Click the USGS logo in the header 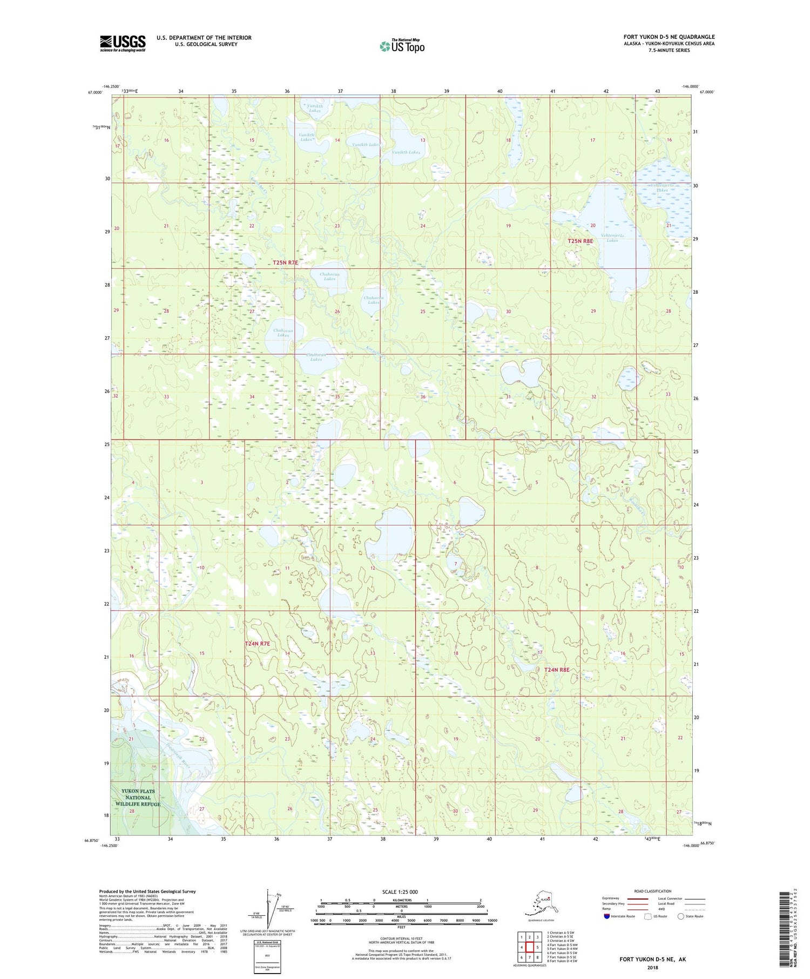click(123, 43)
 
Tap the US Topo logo click(402, 46)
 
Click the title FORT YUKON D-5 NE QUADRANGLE click(669, 37)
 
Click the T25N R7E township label click(285, 262)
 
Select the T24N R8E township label click(557, 670)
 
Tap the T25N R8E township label click(580, 241)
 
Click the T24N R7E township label click(257, 644)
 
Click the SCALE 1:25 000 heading click(400, 892)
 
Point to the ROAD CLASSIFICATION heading click(653, 891)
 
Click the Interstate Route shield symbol click(606, 916)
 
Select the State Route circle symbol click(680, 916)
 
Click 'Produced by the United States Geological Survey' click(147, 892)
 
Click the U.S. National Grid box click(268, 954)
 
